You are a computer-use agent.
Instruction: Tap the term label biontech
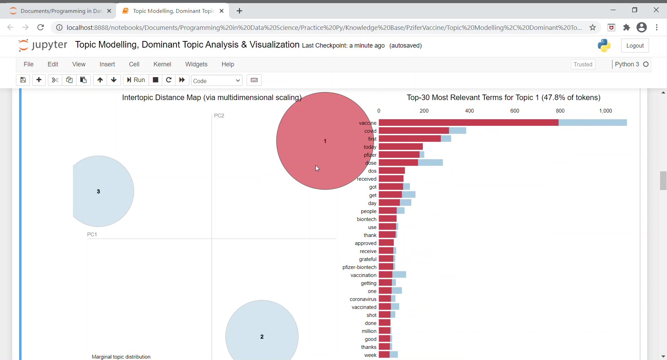[367, 219]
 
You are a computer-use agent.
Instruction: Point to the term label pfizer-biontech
[359, 267]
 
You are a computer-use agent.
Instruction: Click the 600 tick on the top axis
[515, 111]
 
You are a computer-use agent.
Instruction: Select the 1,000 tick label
[606, 111]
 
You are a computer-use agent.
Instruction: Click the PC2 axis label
[219, 116]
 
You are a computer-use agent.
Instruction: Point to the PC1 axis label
[92, 235]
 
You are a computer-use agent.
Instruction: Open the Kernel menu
[162, 64]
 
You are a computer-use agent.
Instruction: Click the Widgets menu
[196, 64]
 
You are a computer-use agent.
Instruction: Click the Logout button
[635, 46]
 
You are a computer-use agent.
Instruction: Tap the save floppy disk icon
[23, 80]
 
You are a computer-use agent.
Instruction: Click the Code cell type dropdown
[217, 81]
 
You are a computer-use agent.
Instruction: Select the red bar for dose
[398, 163]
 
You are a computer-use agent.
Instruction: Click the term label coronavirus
[363, 299]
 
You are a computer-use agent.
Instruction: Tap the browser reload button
[41, 27]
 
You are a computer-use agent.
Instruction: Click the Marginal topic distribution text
[121, 357]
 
